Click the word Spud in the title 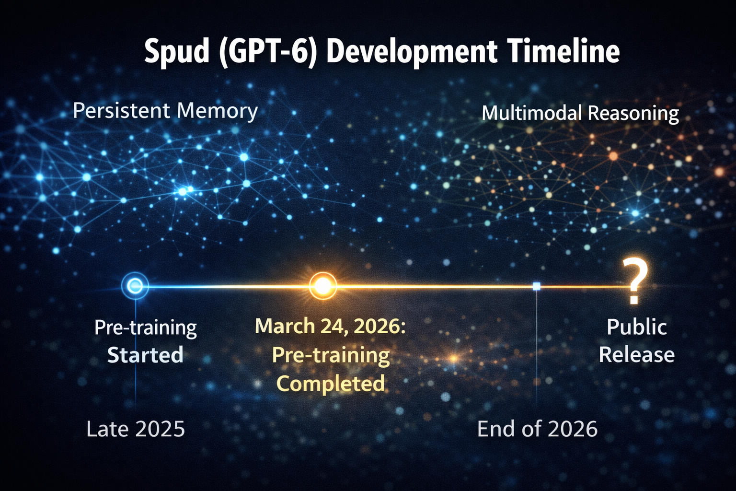pos(176,52)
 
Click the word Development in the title pos(411,52)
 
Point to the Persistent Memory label pos(165,111)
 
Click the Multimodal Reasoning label pos(580,114)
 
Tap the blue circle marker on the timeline pos(135,286)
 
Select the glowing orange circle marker pos(322,286)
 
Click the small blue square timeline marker pos(536,286)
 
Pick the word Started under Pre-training pos(145,355)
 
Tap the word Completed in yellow pos(331,384)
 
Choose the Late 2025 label pos(136,429)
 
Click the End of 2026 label pos(537,429)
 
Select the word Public pos(636,327)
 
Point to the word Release pos(636,355)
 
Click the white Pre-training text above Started pos(145,328)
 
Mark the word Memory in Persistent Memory pos(217,111)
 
